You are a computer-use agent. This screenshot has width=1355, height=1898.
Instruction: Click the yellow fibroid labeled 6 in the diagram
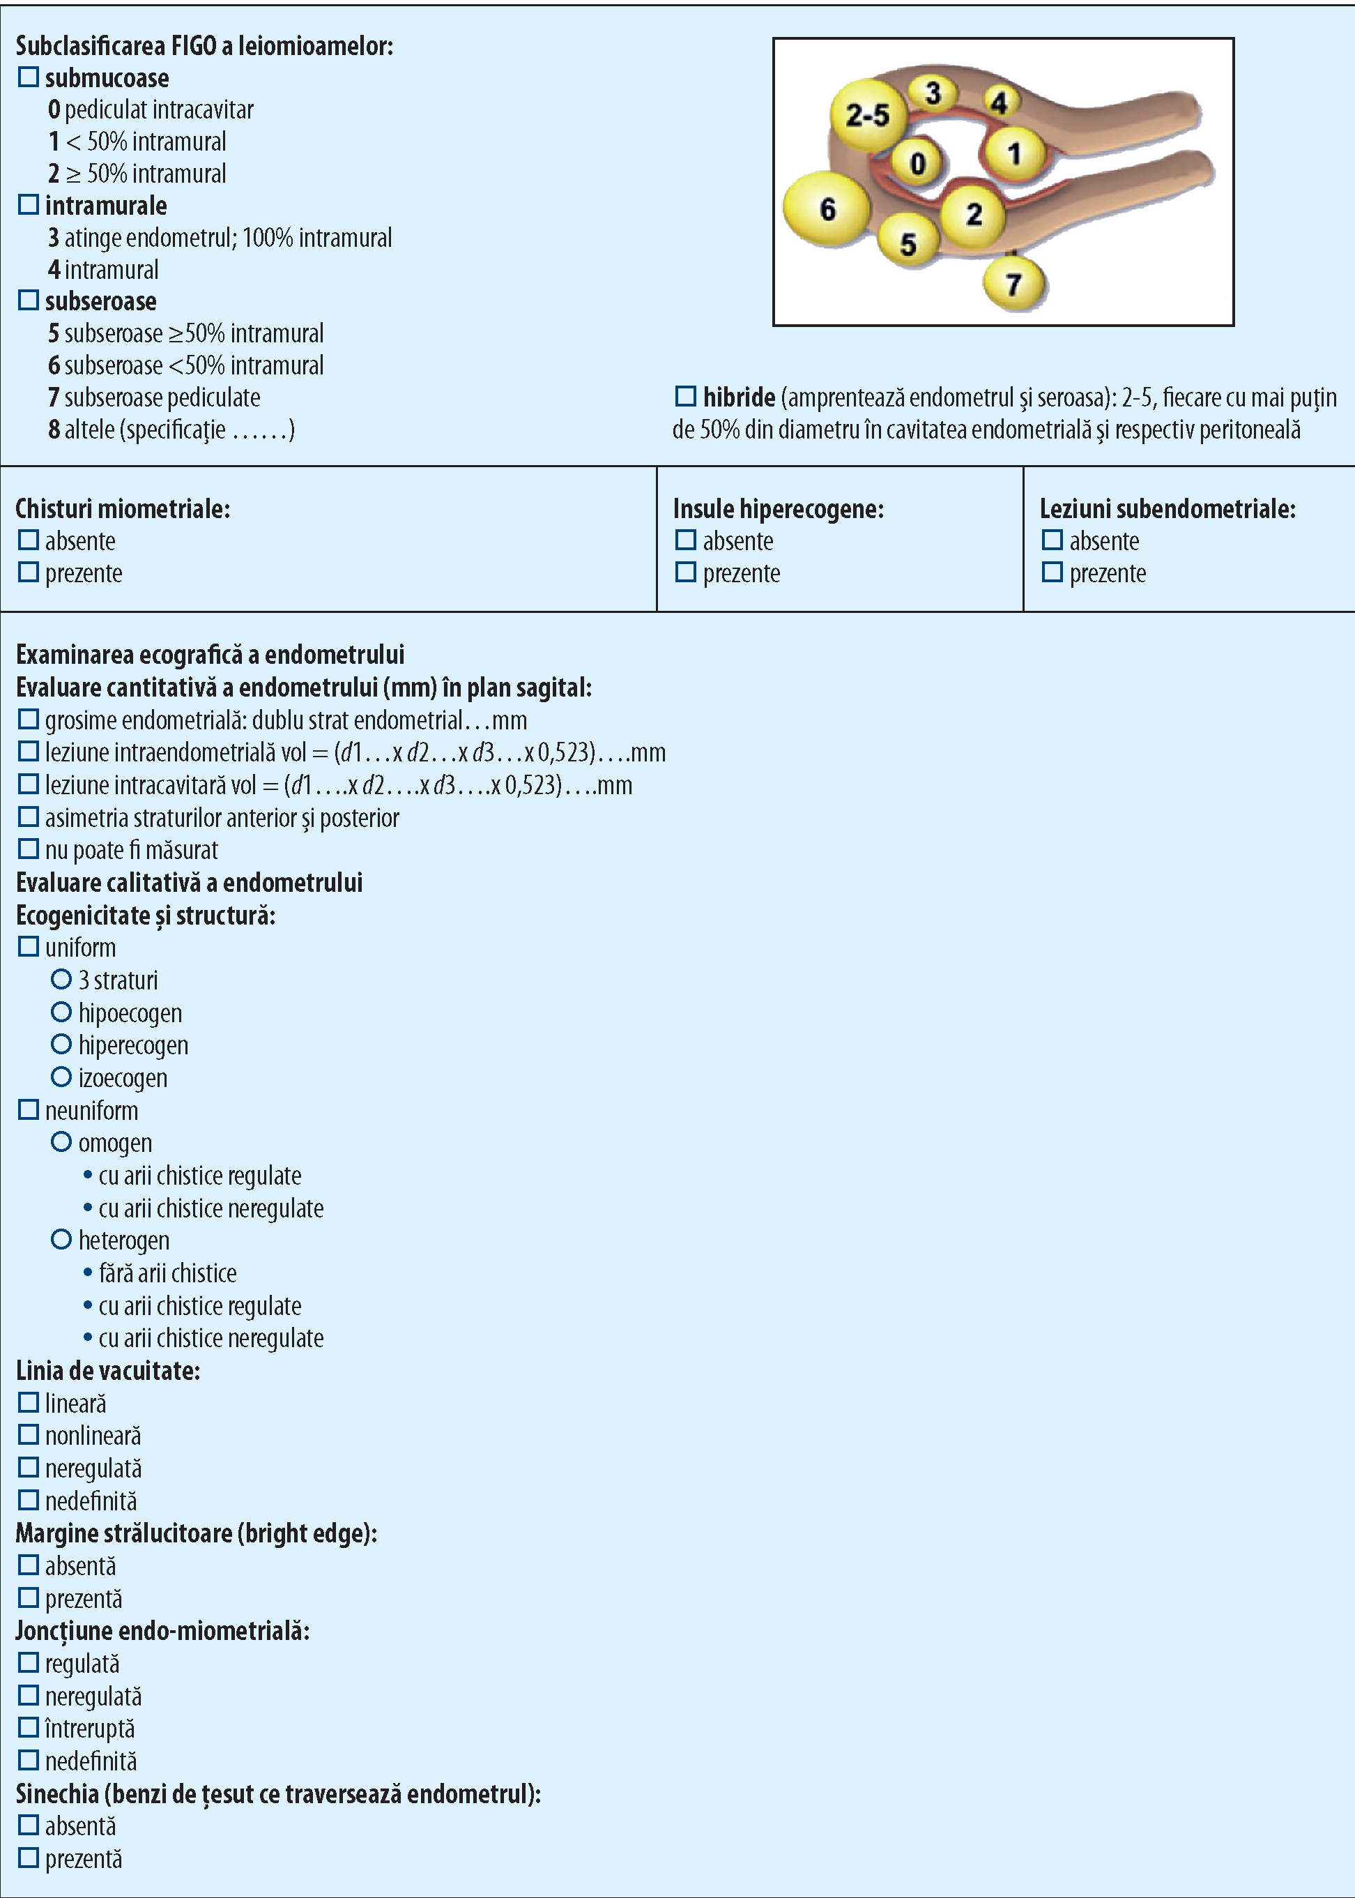(826, 208)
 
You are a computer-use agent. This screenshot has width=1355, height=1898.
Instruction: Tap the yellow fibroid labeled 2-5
(868, 114)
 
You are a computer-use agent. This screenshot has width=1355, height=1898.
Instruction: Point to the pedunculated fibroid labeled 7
(1013, 284)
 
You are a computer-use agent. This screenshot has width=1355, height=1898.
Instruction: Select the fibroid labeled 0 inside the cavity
(918, 162)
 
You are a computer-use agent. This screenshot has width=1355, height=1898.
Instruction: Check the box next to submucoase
(29, 77)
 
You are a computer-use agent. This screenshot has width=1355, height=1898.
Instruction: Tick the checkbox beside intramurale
(29, 204)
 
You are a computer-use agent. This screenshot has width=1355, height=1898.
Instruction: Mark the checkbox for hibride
(686, 397)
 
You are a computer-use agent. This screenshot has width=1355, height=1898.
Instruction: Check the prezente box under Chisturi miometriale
(29, 572)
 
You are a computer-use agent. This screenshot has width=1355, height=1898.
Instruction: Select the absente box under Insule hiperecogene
(686, 540)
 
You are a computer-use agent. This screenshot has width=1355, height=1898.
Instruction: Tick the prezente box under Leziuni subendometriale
(1052, 572)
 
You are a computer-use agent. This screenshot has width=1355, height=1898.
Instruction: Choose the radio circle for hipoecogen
(61, 1012)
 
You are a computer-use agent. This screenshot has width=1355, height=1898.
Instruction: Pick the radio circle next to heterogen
(61, 1240)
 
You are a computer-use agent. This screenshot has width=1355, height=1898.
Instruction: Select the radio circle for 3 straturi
(61, 979)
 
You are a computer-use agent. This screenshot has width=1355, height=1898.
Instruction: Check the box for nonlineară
(29, 1435)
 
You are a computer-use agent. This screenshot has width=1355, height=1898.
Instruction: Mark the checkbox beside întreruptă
(29, 1727)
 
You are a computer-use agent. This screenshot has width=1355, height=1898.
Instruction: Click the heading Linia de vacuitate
(107, 1370)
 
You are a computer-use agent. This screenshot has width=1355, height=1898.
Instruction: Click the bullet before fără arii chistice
(88, 1273)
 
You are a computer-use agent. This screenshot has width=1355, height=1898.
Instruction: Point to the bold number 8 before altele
(54, 430)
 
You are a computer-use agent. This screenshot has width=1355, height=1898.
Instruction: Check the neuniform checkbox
(29, 1110)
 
